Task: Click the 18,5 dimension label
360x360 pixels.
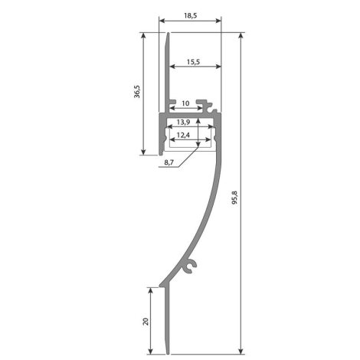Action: [190, 15]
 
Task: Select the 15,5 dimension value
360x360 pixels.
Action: [193, 62]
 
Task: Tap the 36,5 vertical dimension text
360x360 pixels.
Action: [137, 92]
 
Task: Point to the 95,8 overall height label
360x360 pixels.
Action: [234, 198]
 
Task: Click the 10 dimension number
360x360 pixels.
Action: [185, 103]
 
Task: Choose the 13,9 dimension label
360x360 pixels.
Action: [183, 122]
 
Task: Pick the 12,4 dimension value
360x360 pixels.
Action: [183, 135]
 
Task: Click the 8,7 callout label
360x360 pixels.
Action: [169, 162]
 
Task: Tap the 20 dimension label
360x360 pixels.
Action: [146, 322]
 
